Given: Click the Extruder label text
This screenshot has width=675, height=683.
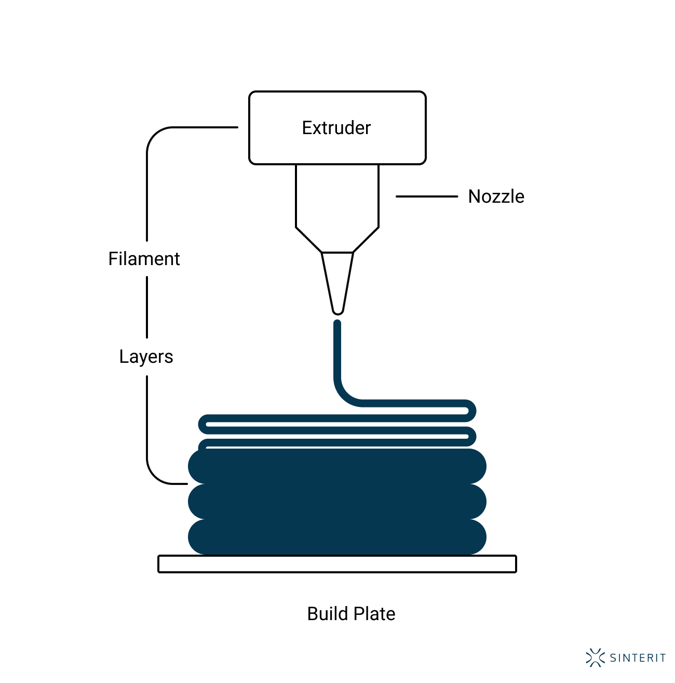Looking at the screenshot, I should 336,128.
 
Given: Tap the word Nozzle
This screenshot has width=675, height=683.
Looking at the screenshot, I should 496,196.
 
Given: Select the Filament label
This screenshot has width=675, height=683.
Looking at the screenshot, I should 144,259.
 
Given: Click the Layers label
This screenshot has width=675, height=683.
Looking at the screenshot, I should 146,357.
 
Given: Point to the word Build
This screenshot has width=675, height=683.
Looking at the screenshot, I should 327,614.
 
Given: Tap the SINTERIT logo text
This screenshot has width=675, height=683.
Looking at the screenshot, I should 638,658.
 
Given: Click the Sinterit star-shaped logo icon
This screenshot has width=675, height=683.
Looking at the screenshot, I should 595,658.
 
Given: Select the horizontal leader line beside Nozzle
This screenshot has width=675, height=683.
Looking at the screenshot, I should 426,196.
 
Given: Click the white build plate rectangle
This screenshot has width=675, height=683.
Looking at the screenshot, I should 337,564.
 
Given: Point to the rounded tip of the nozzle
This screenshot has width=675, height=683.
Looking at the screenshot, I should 337,311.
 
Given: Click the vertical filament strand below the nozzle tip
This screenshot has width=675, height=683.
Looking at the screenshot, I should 337,353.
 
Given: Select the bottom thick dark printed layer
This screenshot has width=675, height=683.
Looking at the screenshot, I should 337,537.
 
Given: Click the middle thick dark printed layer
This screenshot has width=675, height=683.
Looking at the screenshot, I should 337,502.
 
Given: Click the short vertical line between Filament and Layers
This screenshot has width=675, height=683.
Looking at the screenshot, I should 147,307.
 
